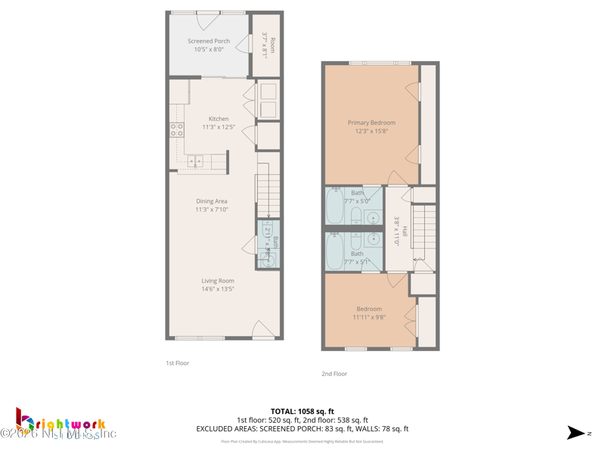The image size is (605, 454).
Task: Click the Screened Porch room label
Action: (209, 41)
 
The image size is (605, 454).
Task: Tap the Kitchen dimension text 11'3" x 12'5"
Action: (219, 128)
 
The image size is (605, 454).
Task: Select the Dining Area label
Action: (211, 201)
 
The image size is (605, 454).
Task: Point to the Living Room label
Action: (218, 281)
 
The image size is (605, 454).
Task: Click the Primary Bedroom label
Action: (371, 123)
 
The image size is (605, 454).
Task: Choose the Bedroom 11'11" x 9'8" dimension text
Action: (369, 318)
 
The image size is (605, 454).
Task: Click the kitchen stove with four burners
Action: (177, 129)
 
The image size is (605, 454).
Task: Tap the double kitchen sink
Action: (196, 161)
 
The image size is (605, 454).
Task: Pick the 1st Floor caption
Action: (178, 363)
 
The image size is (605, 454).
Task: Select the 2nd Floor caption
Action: (334, 374)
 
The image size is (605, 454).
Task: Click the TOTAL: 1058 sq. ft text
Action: (302, 412)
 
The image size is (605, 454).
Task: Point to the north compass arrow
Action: (576, 433)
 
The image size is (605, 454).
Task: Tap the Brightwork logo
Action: (60, 424)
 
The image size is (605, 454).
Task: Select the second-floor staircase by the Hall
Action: (424, 231)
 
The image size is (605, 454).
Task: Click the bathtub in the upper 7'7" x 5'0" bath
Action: (335, 205)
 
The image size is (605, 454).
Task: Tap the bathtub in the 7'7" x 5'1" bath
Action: (335, 251)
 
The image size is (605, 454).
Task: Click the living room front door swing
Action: (261, 329)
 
